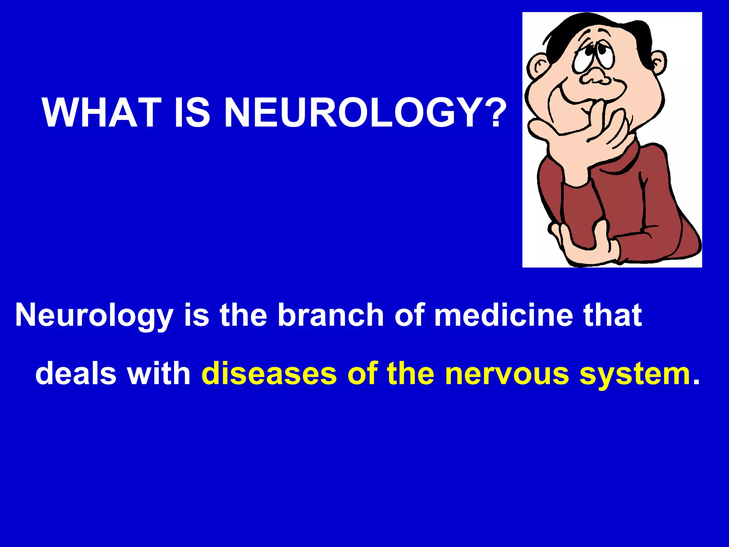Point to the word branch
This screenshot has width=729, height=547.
coord(330,315)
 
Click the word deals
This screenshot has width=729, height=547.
coord(76,374)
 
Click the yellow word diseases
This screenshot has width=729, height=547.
coord(269,374)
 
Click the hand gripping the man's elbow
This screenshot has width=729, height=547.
coord(584,246)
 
